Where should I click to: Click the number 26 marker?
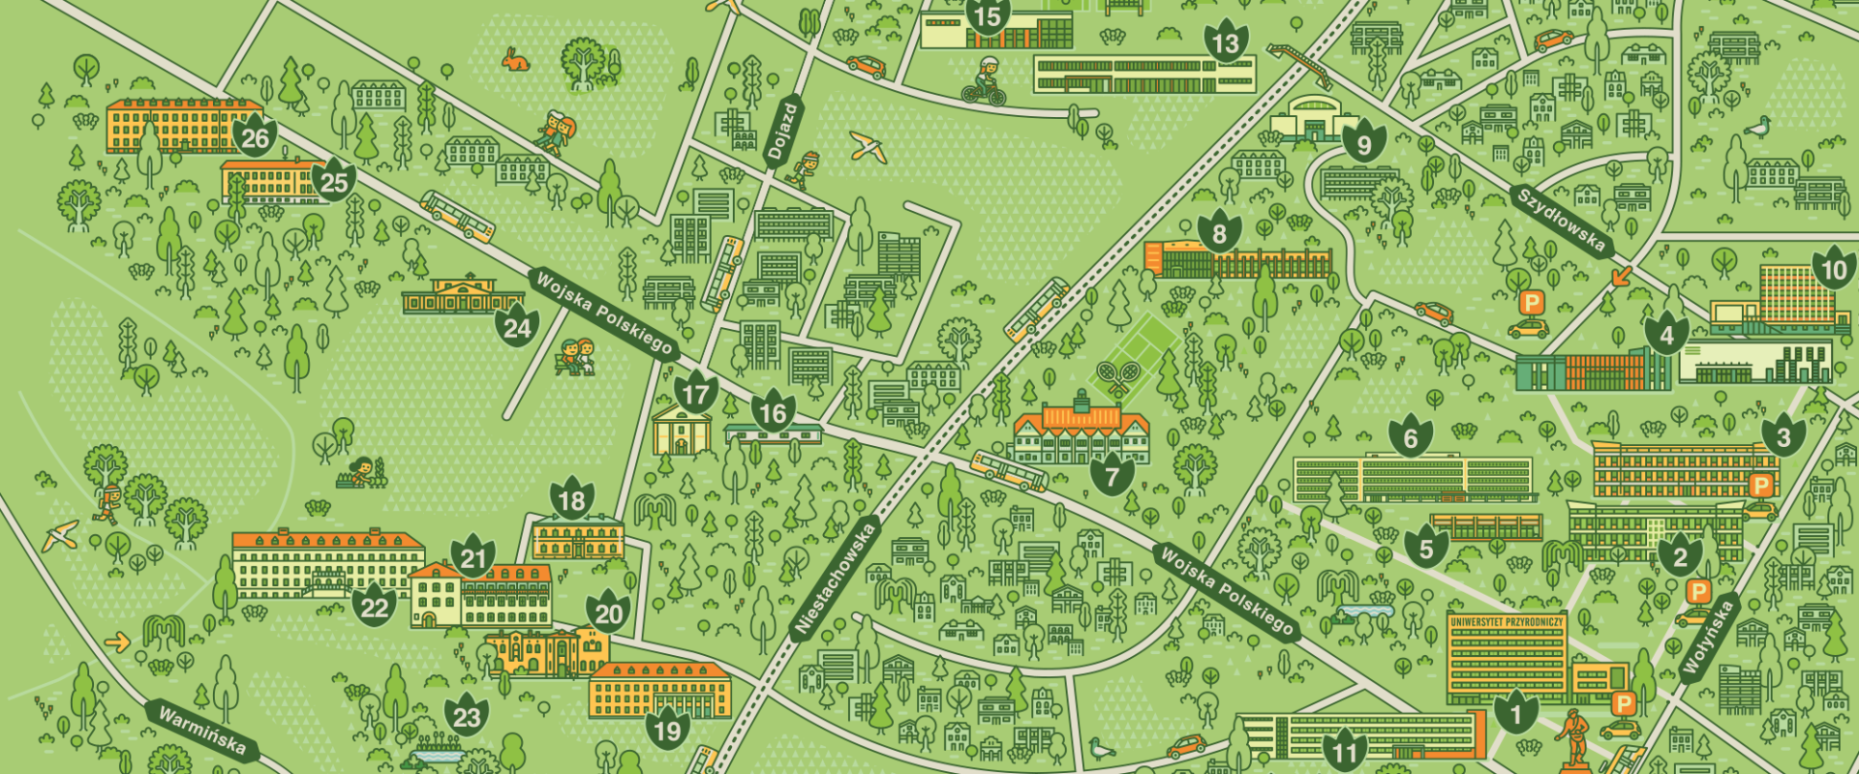[255, 137]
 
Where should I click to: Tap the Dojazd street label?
[782, 132]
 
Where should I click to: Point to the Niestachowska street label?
[834, 579]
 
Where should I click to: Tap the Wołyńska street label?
[1707, 638]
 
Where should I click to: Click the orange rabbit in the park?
[515, 60]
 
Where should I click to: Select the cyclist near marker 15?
[985, 81]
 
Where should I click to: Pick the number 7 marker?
[1112, 475]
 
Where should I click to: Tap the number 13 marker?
[1226, 43]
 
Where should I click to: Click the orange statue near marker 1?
[1576, 738]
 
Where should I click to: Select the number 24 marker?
[517, 328]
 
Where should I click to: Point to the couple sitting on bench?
[577, 356]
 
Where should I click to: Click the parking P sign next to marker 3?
[1760, 485]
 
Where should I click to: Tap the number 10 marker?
[1834, 269]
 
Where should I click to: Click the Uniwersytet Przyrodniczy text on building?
[1507, 621]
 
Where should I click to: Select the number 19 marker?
[668, 729]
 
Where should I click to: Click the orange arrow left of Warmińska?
[117, 641]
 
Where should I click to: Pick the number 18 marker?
[572, 499]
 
